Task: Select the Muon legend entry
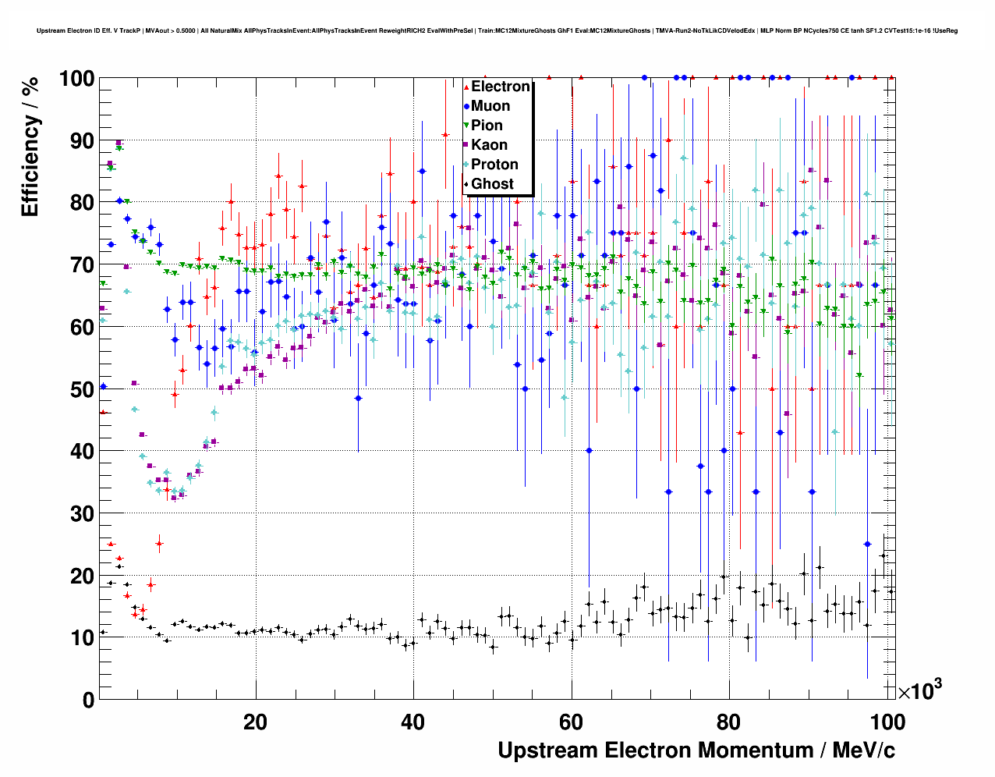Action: [490, 106]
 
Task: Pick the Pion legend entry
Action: [487, 126]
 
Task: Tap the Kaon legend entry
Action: [489, 145]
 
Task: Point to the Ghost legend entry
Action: [492, 184]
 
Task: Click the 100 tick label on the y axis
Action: [76, 80]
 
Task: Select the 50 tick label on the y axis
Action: [82, 389]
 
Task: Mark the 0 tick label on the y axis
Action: [88, 700]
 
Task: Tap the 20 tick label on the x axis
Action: [255, 722]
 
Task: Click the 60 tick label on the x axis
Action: [572, 722]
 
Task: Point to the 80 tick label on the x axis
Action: [730, 722]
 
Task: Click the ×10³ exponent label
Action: [919, 690]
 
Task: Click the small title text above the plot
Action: [497, 31]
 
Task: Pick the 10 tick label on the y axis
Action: [82, 637]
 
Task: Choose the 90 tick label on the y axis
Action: [82, 141]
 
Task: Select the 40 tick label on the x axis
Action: [413, 722]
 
